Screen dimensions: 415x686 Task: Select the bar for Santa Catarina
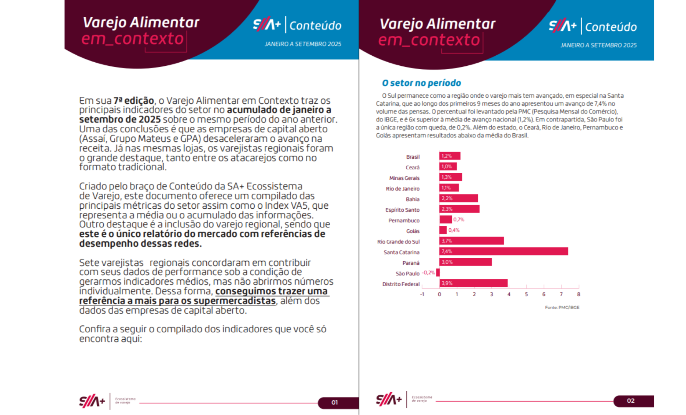(x=503, y=252)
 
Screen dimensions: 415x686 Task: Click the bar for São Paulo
(x=438, y=273)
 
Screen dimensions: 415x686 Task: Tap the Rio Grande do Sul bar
(x=471, y=241)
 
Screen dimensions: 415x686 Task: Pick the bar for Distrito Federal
(x=473, y=283)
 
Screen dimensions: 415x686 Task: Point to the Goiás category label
(x=413, y=231)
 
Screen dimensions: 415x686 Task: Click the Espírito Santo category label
(x=402, y=210)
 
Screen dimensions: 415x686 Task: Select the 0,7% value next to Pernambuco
(x=459, y=220)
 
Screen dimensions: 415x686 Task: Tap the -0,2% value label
(x=428, y=273)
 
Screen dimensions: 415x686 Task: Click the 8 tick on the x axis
(x=578, y=294)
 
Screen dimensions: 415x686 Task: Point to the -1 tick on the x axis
(x=422, y=294)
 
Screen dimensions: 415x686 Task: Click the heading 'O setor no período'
(x=421, y=83)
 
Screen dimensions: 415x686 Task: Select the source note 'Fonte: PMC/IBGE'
(x=562, y=307)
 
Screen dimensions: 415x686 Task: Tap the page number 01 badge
(x=335, y=402)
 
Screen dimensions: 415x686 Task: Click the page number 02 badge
(x=631, y=401)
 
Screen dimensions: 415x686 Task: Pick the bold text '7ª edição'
(x=134, y=101)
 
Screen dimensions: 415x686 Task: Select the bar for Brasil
(x=450, y=156)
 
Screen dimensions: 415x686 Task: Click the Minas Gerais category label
(x=404, y=178)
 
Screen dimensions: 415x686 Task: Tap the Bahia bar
(x=459, y=199)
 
